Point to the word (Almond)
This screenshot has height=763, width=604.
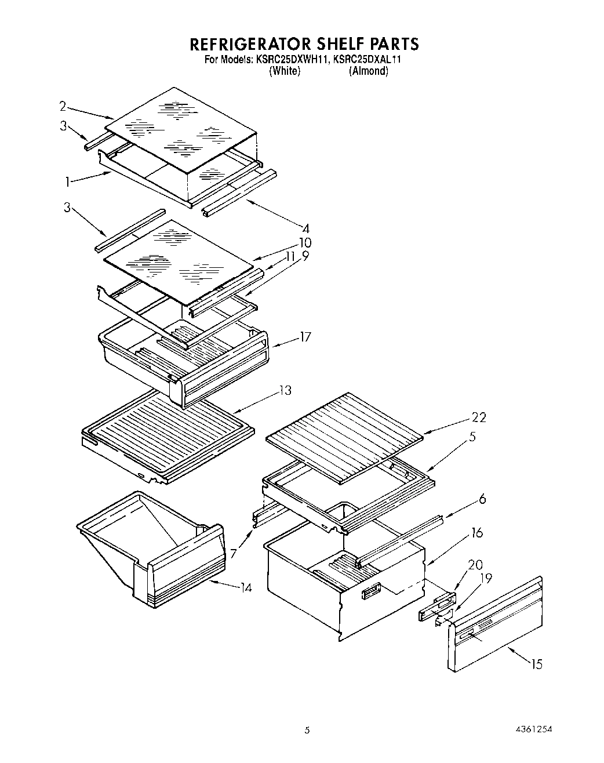point(368,71)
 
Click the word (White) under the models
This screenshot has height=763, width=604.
point(285,71)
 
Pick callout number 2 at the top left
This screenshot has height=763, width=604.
point(63,106)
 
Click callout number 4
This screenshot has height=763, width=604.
point(306,228)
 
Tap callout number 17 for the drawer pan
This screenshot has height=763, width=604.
point(305,337)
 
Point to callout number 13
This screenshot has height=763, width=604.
point(285,390)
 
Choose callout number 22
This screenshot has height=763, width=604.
point(479,417)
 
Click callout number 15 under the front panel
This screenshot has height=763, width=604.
point(537,664)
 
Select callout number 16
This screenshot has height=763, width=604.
point(476,532)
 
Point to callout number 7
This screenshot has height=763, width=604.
point(234,554)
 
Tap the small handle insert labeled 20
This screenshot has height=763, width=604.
point(436,608)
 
